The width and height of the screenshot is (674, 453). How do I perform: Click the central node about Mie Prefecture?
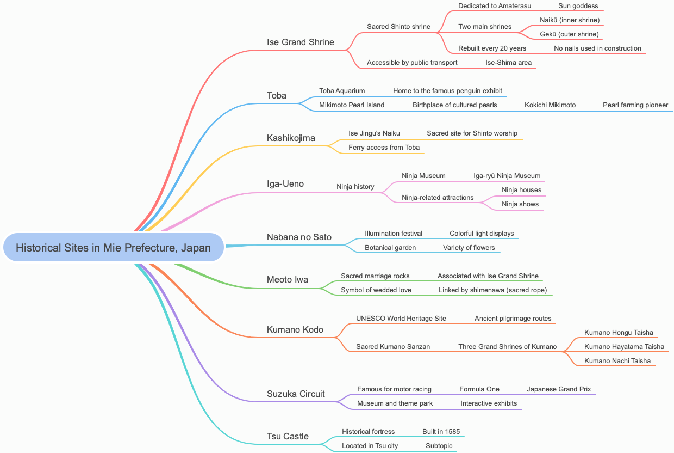pos(114,248)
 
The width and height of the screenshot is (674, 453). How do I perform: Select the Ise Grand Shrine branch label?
pos(301,42)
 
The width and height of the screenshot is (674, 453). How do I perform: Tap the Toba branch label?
pos(277,95)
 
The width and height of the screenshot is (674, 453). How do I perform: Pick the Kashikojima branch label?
pos(291,138)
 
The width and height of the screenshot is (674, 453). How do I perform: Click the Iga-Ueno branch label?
pos(285,183)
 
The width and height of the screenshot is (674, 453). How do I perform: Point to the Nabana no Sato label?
pos(299,237)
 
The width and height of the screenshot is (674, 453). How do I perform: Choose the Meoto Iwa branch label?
pos(288,279)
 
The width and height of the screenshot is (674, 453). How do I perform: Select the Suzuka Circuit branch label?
pos(296,394)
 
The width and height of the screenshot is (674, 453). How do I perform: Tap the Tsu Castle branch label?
pos(288,436)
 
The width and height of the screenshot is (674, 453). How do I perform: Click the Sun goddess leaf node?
pos(578,6)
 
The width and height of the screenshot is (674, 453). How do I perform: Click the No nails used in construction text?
pos(597,48)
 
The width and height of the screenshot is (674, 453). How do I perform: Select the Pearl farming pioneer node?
pos(635,105)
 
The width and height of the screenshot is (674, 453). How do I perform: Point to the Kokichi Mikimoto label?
pos(550,105)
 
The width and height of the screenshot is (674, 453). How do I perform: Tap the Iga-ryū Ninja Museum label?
pos(507,176)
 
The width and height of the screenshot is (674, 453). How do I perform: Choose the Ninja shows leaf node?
pos(520,204)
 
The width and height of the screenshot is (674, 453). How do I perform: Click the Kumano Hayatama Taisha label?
pos(624,347)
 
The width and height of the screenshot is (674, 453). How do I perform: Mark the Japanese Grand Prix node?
pos(559,389)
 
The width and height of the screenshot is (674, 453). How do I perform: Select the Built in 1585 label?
pos(441,432)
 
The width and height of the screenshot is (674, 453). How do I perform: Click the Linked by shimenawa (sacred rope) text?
pos(492,290)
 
